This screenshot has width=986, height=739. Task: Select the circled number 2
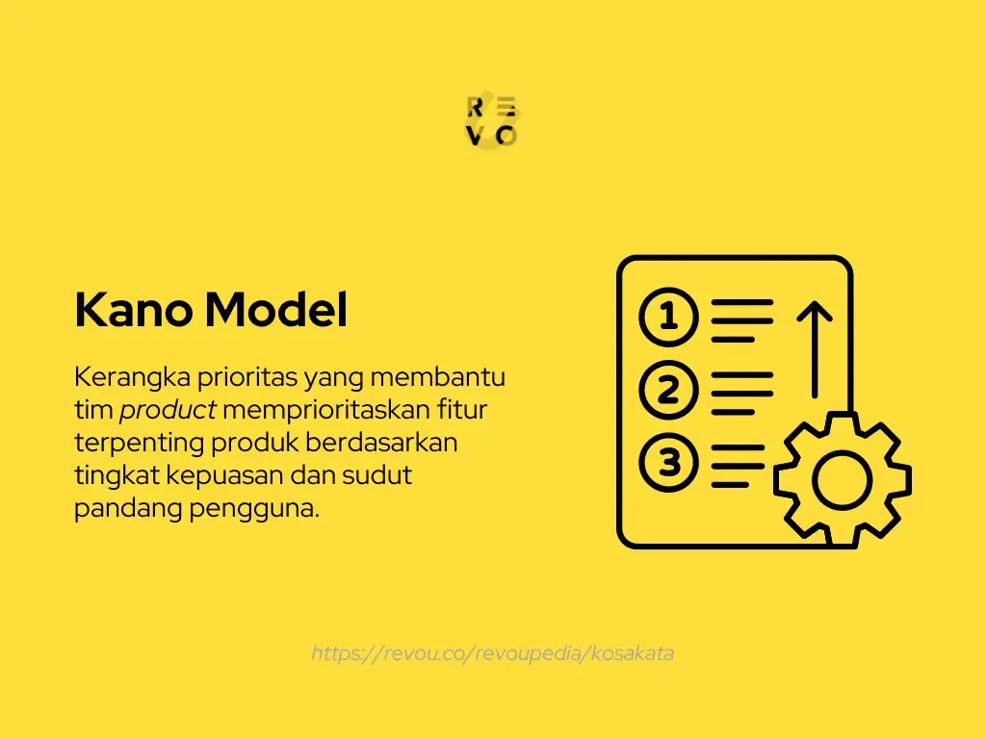pos(667,391)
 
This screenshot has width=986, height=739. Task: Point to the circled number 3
pos(667,463)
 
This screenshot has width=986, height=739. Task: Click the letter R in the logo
pos(475,107)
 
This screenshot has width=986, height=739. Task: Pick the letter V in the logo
pos(475,136)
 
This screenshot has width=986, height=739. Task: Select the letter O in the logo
pos(506,136)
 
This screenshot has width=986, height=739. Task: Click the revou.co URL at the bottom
pos(492,653)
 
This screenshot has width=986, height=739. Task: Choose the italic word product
pos(168,411)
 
